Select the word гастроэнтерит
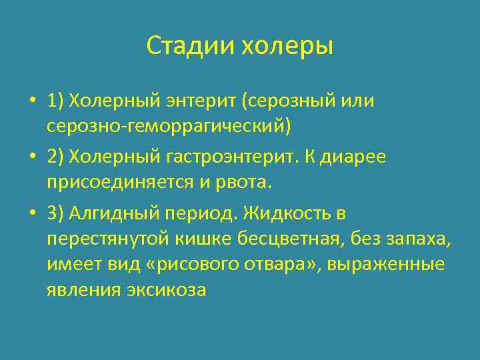tap(227, 157)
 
